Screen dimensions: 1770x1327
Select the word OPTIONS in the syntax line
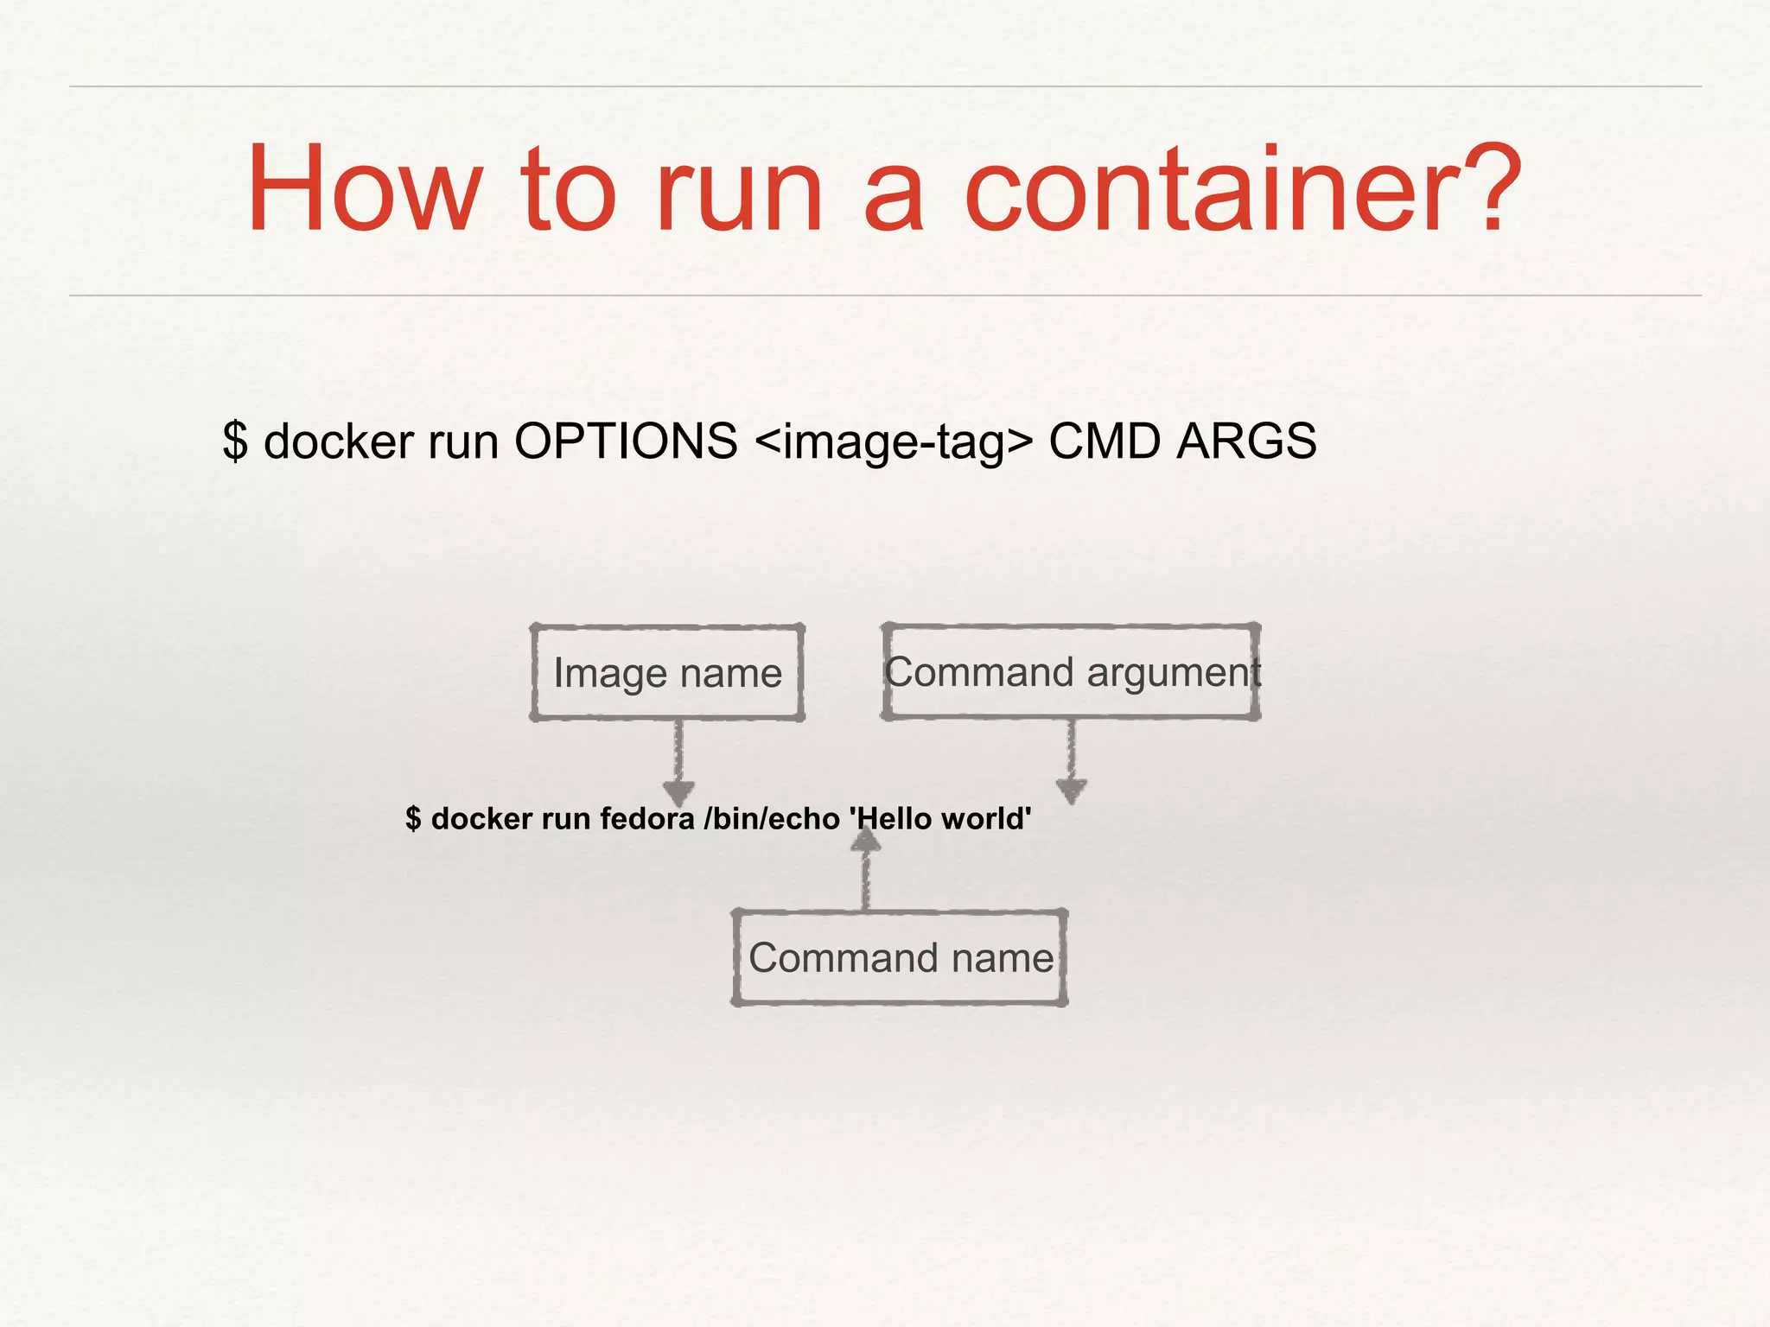pyautogui.click(x=626, y=441)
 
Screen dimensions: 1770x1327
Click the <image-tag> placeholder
pyautogui.click(x=893, y=442)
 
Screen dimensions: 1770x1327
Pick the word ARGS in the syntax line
pyautogui.click(x=1246, y=441)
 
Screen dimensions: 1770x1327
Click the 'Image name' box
pyautogui.click(x=667, y=673)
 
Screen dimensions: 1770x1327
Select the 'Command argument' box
pyautogui.click(x=1071, y=672)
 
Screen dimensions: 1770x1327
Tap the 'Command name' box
pyautogui.click(x=900, y=957)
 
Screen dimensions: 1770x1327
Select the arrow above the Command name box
pyautogui.click(x=866, y=868)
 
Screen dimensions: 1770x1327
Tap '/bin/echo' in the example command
pyautogui.click(x=772, y=818)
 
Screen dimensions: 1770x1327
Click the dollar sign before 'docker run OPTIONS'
pyautogui.click(x=234, y=441)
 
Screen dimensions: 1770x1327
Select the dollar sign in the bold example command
pyautogui.click(x=413, y=818)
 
